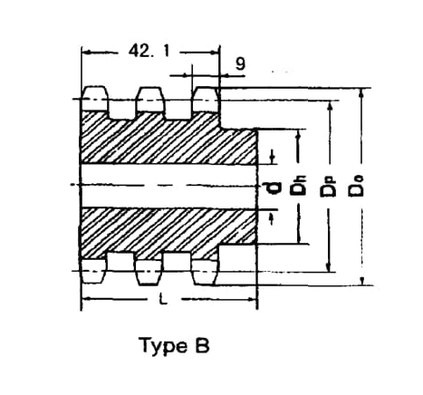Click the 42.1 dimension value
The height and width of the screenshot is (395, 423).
point(149,51)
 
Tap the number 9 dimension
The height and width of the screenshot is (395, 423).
point(240,63)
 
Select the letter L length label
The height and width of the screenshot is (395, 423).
point(163,299)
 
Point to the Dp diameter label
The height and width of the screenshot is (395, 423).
point(328,188)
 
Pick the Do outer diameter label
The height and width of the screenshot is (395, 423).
point(356,187)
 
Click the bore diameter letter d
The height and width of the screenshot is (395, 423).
point(273,188)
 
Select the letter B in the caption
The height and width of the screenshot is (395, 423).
point(202,345)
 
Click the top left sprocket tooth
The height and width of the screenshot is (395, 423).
point(95,99)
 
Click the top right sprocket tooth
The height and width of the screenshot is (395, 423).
point(206,99)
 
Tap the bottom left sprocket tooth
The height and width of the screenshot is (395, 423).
point(94,271)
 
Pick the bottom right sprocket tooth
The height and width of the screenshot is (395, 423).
point(205,272)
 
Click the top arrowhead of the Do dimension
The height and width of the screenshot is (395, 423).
point(360,92)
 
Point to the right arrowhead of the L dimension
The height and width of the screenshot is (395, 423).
point(253,299)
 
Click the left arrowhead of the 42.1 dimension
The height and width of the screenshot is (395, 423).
point(87,53)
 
